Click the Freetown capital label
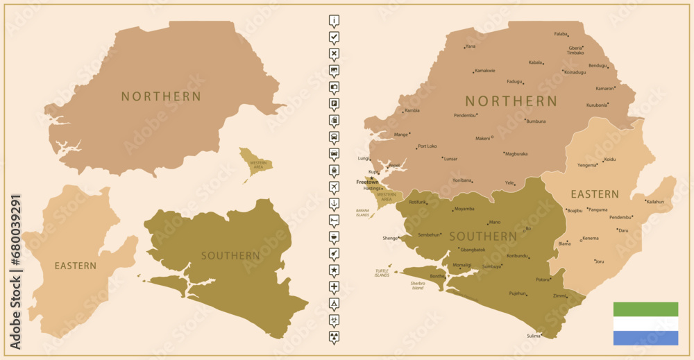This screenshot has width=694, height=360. [367, 182]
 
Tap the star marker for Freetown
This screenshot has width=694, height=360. [371, 178]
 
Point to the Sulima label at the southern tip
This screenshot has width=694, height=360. [533, 336]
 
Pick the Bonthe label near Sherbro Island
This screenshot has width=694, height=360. [437, 276]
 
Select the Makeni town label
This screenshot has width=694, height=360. [482, 138]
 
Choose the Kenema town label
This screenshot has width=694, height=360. [591, 239]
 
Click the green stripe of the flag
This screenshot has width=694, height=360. [645, 309]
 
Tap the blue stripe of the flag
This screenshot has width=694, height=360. [645, 338]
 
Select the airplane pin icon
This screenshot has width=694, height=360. [335, 187]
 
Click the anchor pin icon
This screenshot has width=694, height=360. [335, 204]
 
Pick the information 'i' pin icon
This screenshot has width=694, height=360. [335, 20]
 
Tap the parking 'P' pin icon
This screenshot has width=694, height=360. [335, 103]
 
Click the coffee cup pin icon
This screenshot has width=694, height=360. [335, 237]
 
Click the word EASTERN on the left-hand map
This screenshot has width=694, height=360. [76, 266]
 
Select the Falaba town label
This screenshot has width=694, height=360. [561, 34]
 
